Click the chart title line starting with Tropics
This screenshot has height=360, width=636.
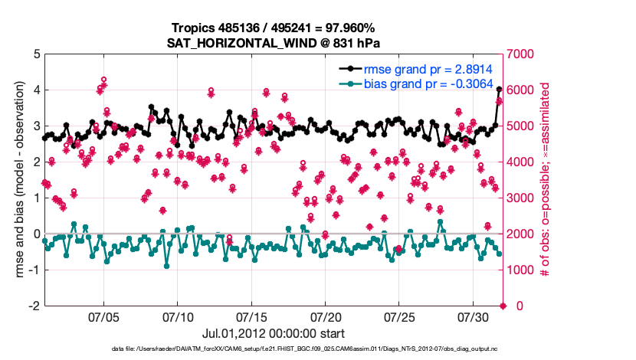(x=274, y=28)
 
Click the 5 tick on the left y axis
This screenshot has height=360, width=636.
(x=37, y=54)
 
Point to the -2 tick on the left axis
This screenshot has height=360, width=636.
(x=34, y=306)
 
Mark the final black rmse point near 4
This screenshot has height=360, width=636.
(x=500, y=90)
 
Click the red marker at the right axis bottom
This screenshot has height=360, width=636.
(x=503, y=306)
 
